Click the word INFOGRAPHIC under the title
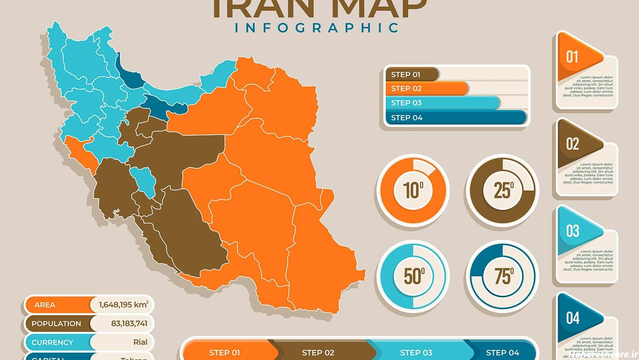317,28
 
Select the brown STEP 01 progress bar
411,74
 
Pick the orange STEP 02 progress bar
426,89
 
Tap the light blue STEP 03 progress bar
442,103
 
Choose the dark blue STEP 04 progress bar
456,117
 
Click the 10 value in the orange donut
413,190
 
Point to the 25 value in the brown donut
503,190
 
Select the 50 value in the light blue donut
413,276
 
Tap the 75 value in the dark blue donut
503,276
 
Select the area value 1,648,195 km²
123,305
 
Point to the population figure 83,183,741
129,323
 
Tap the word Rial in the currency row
140,342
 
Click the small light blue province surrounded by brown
145,180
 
